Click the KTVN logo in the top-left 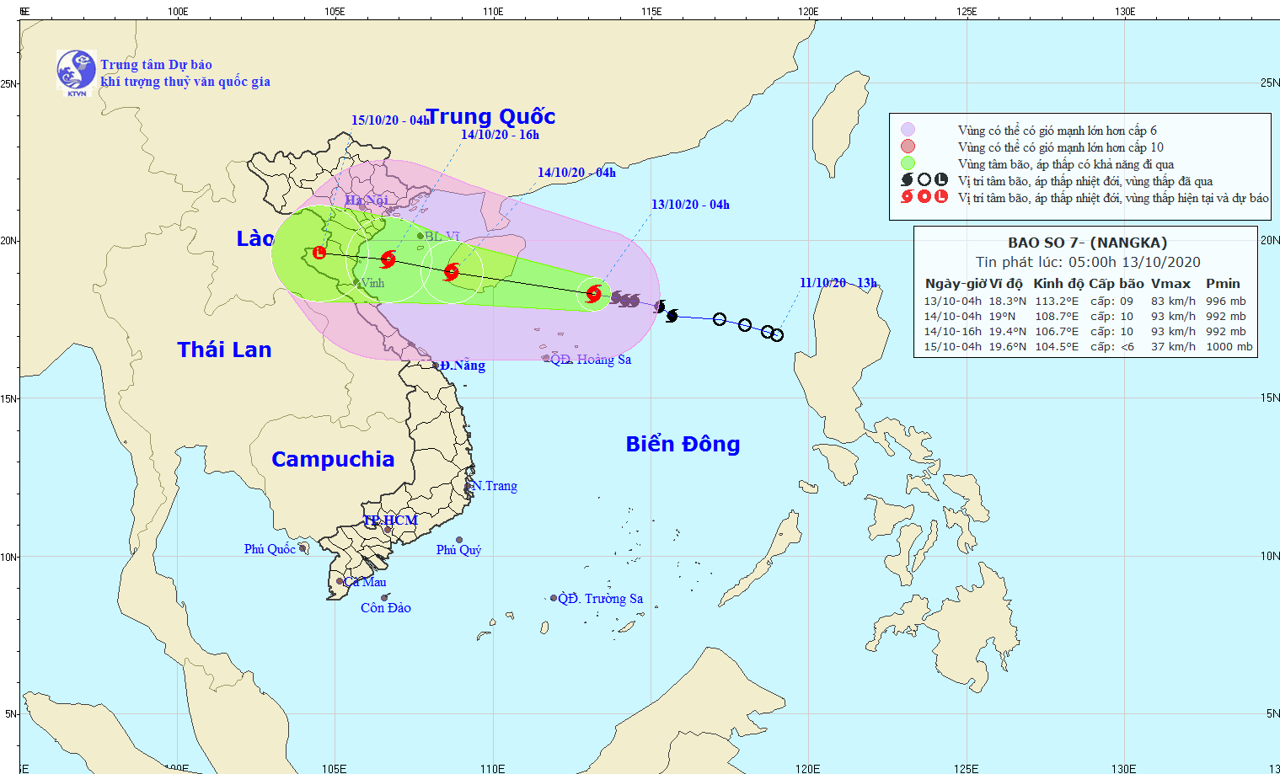[76, 71]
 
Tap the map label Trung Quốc [490, 116]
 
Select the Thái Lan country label [224, 350]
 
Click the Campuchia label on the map [333, 459]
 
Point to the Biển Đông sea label [683, 444]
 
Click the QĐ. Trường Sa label [601, 599]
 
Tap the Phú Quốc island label [270, 549]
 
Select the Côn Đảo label [386, 608]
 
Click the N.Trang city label [495, 486]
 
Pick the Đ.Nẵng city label [463, 366]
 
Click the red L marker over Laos [319, 253]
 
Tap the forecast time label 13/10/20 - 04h [690, 205]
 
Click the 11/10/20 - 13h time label [838, 283]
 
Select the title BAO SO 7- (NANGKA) [1087, 243]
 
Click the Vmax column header [1171, 284]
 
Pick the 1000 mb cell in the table [1229, 346]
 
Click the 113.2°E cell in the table [1057, 301]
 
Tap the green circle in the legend [908, 163]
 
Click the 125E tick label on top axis [967, 12]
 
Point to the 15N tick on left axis [9, 398]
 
